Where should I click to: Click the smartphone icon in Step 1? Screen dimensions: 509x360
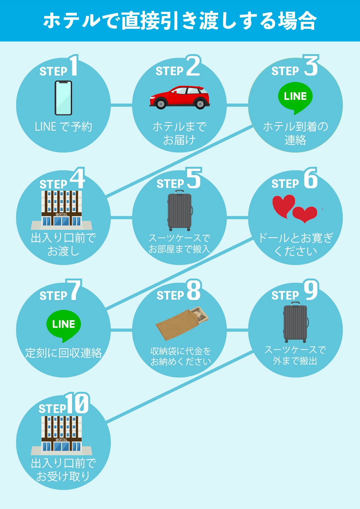click(63, 98)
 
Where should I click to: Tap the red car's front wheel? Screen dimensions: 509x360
click(160, 104)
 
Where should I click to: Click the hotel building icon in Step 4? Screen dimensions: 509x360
click(61, 209)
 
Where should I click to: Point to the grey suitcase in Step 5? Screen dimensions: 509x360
click(180, 210)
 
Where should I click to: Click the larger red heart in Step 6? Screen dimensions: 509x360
click(283, 205)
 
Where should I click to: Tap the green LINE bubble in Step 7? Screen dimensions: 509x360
click(63, 325)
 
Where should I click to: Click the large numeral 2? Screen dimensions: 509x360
click(193, 66)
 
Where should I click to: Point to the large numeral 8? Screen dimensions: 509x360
click(194, 290)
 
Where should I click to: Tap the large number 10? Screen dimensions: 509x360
click(77, 403)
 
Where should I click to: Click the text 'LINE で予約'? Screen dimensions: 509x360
click(63, 127)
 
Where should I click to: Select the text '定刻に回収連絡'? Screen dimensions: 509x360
click(63, 353)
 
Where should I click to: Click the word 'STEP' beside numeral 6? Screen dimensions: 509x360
click(285, 184)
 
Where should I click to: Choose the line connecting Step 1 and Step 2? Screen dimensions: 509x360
click(121, 105)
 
